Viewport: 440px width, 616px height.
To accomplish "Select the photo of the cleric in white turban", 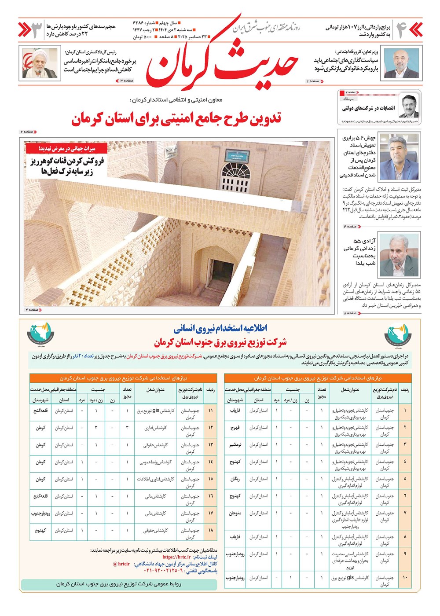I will [x=40, y=63].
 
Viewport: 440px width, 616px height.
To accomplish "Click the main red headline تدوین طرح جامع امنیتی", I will [x=176, y=119].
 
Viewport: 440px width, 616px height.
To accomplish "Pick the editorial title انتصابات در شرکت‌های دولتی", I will [x=368, y=108].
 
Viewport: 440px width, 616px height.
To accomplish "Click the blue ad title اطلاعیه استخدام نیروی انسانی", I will [x=220, y=328].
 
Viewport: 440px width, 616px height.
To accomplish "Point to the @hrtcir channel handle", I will [x=121, y=564].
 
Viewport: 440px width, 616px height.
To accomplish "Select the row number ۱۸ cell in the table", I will [x=210, y=531].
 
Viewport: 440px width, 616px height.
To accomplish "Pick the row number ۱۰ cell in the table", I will [x=405, y=577].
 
